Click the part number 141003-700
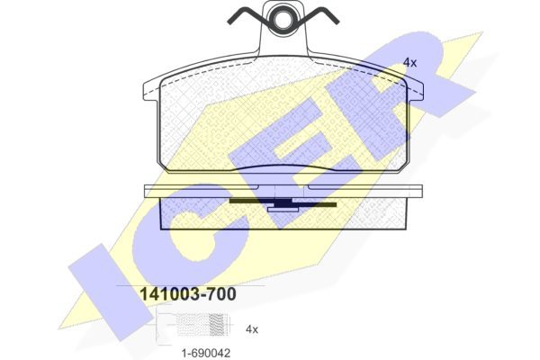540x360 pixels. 188,294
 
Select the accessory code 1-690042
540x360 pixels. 206,353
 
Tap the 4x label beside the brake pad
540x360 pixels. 409,63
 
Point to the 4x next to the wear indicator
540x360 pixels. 252,329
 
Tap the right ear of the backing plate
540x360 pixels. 415,89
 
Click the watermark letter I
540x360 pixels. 110,292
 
